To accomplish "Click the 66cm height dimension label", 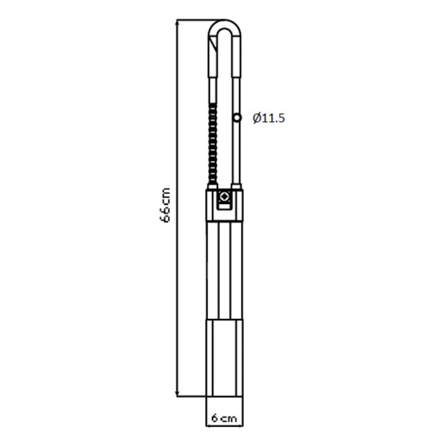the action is point(165,205).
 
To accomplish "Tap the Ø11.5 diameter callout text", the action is point(268,118).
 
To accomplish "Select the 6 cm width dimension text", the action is point(224,418).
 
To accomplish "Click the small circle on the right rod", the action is point(237,118).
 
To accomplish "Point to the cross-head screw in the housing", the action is point(224,196).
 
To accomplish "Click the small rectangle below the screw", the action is point(224,206).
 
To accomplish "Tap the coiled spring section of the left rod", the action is point(213,144).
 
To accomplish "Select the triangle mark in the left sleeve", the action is point(212,45).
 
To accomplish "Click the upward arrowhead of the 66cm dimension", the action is point(177,22).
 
